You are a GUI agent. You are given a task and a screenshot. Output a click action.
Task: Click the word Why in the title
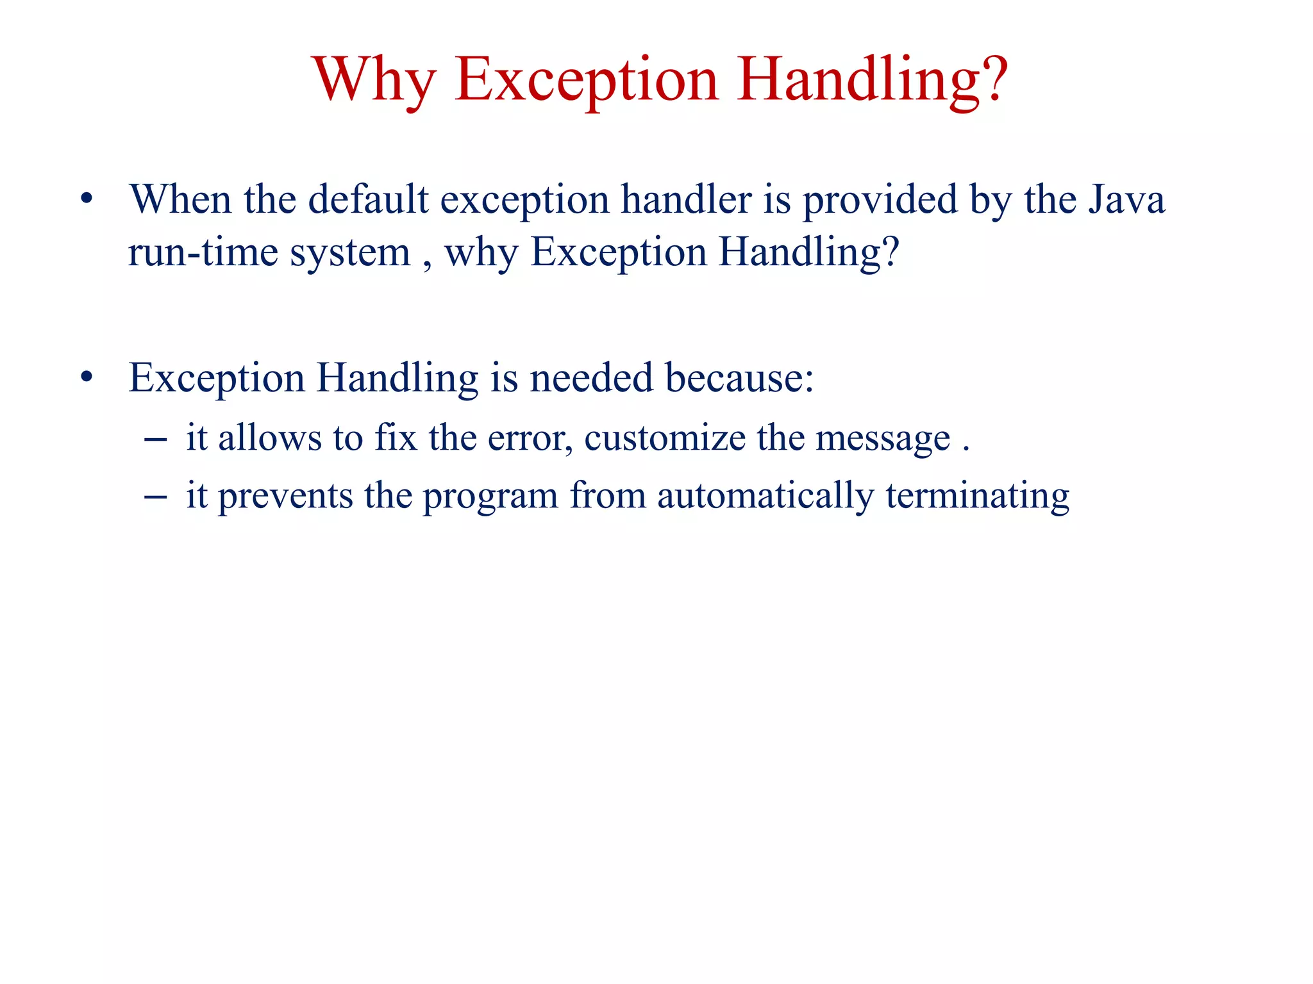click(x=374, y=80)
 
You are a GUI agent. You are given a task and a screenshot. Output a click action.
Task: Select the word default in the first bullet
click(x=368, y=199)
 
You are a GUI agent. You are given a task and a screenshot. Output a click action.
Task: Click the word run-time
click(x=205, y=252)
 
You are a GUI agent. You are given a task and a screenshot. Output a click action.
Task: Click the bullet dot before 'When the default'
click(x=87, y=199)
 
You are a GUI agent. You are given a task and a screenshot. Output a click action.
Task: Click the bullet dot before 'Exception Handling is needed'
click(x=87, y=377)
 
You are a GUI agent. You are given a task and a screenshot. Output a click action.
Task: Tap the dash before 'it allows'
click(x=156, y=439)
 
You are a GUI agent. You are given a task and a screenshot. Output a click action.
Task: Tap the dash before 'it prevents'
click(x=156, y=496)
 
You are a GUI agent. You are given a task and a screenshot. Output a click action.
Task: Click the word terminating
click(x=978, y=496)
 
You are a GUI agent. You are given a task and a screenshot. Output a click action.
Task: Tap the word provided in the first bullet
click(x=880, y=201)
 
